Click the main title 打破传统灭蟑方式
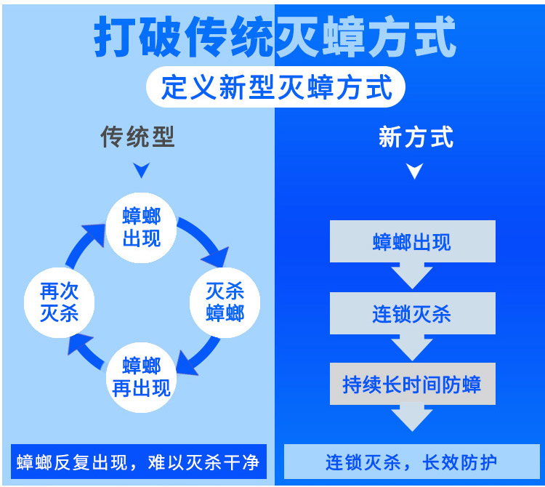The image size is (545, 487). [275, 36]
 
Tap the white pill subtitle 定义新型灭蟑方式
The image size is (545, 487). [275, 87]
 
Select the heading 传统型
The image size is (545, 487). [137, 137]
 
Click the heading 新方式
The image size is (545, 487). [416, 137]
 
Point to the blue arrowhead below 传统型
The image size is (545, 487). [142, 170]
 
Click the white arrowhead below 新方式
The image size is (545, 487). [415, 171]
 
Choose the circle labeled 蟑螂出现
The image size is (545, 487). [142, 228]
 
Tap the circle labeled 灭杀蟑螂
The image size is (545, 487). [225, 302]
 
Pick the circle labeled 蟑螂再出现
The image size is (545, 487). [141, 377]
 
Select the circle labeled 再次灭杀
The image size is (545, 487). [59, 302]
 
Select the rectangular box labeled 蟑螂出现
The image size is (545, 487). [413, 241]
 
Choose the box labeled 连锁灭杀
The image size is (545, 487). [413, 313]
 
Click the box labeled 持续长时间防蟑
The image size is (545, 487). [413, 384]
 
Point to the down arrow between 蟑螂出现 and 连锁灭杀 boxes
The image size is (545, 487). [412, 276]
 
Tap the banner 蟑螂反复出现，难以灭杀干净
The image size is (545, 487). [139, 462]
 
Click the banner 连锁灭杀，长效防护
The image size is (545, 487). [412, 462]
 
